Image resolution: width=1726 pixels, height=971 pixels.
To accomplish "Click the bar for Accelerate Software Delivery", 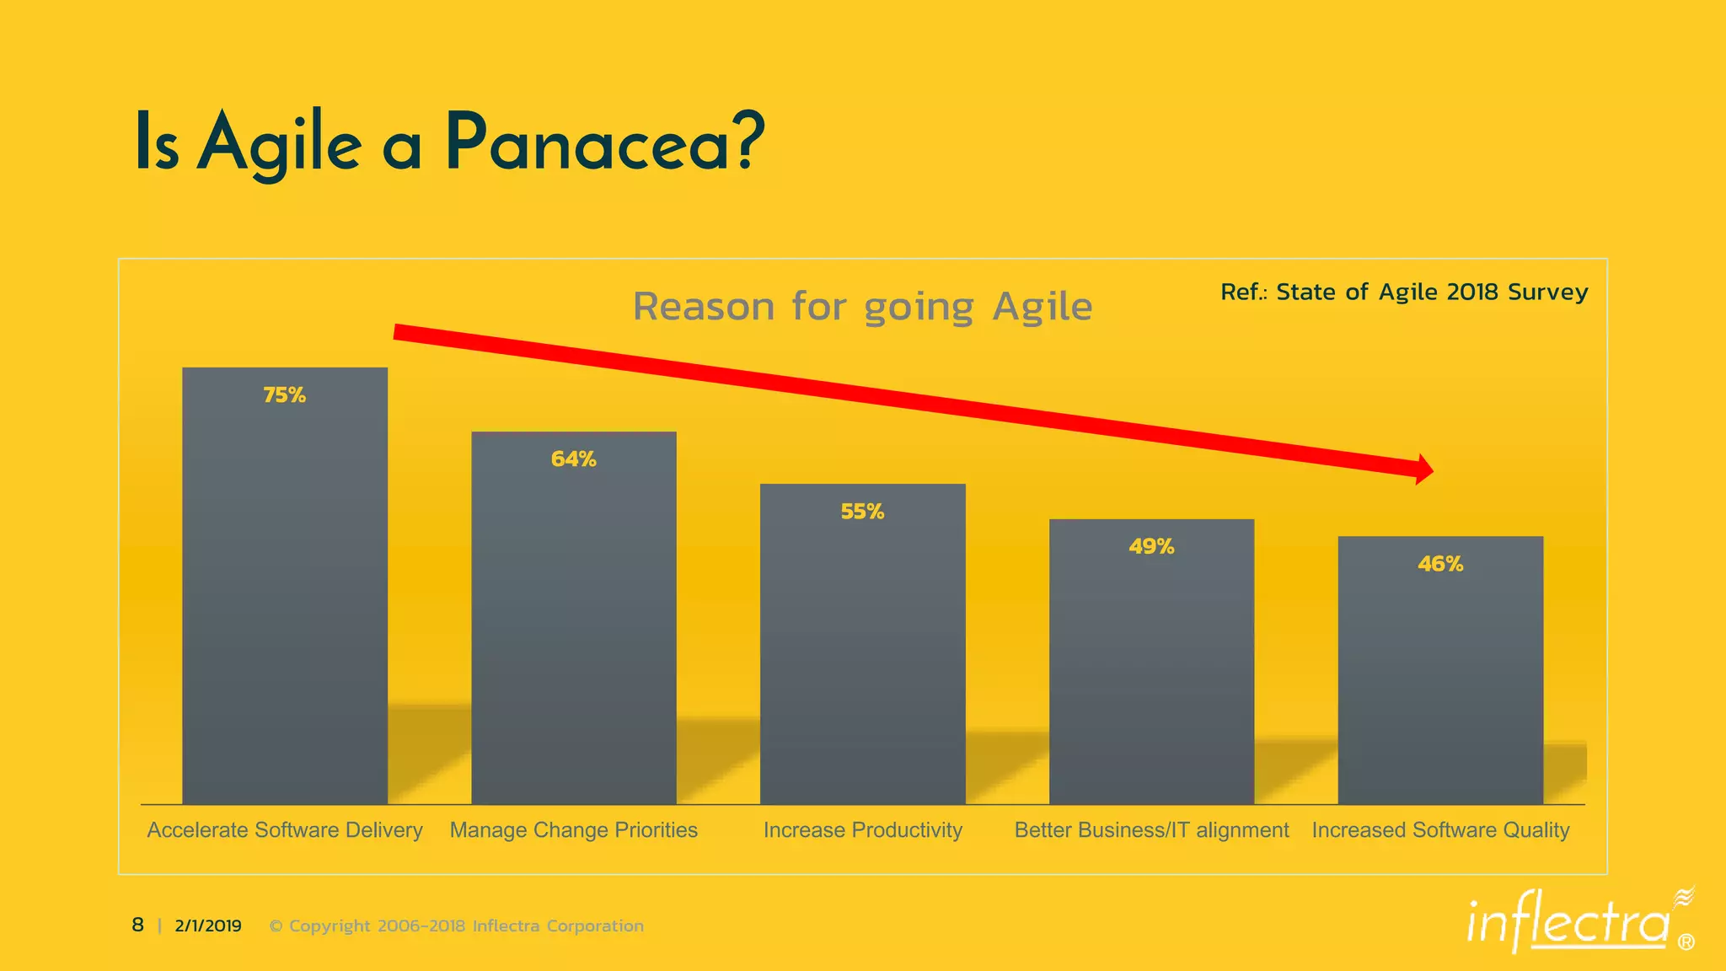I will coord(285,590).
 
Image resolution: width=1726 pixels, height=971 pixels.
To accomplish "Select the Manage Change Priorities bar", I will coord(573,624).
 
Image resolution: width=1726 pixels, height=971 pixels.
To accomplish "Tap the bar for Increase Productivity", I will coord(862,649).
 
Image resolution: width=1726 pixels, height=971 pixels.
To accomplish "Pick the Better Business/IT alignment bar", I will coord(1151,666).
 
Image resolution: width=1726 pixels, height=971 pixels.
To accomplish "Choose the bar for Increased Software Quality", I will coord(1440,674).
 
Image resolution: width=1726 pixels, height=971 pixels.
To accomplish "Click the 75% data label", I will coord(285,395).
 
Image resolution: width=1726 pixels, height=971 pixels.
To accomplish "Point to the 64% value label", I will coord(573,459).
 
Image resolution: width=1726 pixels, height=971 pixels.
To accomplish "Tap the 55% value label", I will coord(862,512).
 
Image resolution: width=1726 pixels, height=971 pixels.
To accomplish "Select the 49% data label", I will coord(1151,547).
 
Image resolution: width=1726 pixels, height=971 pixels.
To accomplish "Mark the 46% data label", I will coord(1440,564).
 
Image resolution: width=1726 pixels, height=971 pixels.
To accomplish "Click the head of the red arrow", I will coord(1423,469).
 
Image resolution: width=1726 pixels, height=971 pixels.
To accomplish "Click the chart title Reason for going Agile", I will coord(862,306).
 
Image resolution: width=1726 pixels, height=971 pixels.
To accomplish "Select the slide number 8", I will coord(137,925).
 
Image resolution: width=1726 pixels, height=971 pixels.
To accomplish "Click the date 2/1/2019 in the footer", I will coord(208,925).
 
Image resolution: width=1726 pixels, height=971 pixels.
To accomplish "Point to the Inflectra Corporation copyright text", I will coord(456,925).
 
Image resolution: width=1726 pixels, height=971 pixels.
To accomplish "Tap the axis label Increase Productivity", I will coord(862,830).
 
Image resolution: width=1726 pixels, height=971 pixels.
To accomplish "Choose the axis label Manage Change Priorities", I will coord(573,830).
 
